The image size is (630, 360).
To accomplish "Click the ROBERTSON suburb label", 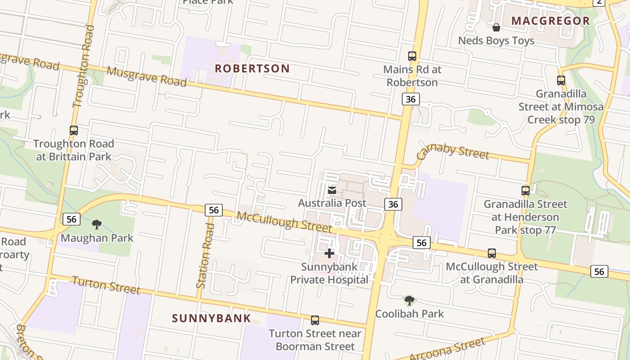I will tap(252, 68).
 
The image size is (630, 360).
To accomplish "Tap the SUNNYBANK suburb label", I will tap(211, 318).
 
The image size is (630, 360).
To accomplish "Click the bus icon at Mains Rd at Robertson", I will tap(412, 56).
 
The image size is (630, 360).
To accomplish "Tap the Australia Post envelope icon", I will tap(332, 190).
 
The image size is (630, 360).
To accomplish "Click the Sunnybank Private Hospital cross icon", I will tap(329, 253).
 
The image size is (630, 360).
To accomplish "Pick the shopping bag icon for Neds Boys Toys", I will tap(496, 27).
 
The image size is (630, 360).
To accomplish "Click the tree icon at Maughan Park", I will tap(96, 224).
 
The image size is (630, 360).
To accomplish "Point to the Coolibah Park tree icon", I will tap(409, 300).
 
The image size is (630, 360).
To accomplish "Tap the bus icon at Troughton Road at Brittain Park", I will tap(74, 130).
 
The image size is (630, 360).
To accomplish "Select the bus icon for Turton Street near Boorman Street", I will tap(315, 320).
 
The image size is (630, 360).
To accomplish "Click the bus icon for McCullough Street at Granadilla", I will tap(492, 253).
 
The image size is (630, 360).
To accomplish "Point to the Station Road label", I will tap(205, 255).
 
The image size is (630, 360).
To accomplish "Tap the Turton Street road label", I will tap(106, 285).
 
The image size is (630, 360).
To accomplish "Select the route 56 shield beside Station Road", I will tap(214, 210).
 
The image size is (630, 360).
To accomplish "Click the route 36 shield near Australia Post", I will tap(393, 204).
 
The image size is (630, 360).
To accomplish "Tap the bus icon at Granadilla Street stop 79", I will tap(561, 81).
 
